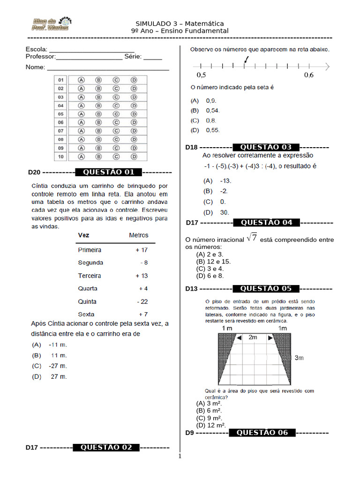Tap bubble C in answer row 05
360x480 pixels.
coord(116,114)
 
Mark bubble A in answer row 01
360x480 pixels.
coord(81,80)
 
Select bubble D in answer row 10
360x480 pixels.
coord(134,156)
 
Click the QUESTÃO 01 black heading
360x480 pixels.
coord(109,172)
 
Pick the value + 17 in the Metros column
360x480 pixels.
coord(142,250)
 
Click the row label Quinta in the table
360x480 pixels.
coord(88,301)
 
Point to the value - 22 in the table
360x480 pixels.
coord(142,301)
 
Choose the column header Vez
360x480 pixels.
coord(84,235)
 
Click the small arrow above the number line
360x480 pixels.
coord(247,59)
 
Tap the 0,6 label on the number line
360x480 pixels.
coord(309,75)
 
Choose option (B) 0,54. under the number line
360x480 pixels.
coord(205,111)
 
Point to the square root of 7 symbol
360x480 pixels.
coord(252,238)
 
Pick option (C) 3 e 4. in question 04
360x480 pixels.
coord(210,269)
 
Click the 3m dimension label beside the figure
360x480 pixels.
coord(300,358)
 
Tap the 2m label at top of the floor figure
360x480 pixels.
coord(253,337)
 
